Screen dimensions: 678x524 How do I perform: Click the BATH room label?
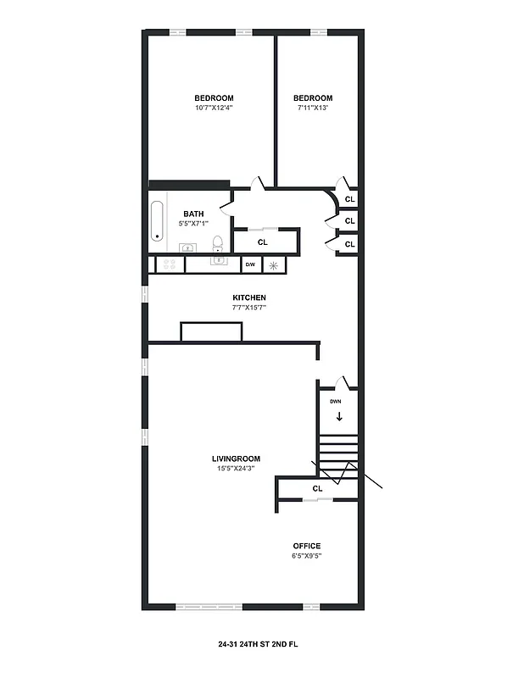click(x=194, y=214)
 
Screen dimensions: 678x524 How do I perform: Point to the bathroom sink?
click(x=188, y=247)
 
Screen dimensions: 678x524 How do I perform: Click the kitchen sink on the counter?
click(x=219, y=263)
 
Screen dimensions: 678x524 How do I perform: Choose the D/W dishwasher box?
click(x=250, y=265)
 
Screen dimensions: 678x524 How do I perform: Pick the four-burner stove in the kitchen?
click(x=168, y=264)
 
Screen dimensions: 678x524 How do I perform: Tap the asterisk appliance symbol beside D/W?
click(x=274, y=265)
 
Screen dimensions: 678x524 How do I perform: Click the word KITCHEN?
click(x=249, y=297)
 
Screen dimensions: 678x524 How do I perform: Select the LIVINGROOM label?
click(x=236, y=458)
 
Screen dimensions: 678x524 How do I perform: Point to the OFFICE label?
click(x=307, y=546)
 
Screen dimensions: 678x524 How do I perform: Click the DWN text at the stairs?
click(x=336, y=401)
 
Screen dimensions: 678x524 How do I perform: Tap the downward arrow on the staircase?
click(x=339, y=416)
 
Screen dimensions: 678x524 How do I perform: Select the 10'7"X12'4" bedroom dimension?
click(x=214, y=108)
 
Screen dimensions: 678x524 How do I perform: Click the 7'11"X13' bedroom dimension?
click(x=312, y=108)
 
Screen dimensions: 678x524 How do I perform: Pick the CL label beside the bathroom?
click(x=263, y=242)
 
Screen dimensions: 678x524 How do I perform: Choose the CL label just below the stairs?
click(x=318, y=489)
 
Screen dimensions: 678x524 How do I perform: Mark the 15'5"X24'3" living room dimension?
click(x=236, y=468)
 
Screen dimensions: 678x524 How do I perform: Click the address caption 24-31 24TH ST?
click(x=258, y=644)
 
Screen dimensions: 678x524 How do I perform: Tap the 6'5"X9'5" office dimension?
click(x=307, y=556)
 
